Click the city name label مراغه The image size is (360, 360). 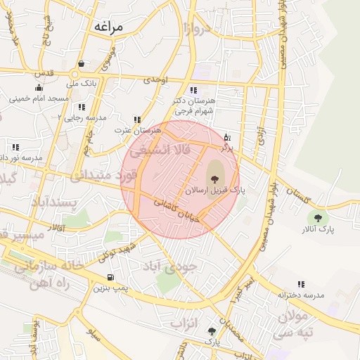tap(107, 27)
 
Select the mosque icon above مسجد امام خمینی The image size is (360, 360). tap(39, 88)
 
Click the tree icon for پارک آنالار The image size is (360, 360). tap(319, 218)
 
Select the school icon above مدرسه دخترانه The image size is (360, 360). tap(301, 284)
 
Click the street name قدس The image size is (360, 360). tap(45, 73)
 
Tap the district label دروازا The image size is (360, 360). tap(198, 29)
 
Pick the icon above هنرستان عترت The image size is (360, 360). tap(136, 120)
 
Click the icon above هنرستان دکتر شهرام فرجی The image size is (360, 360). tap(193, 90)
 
